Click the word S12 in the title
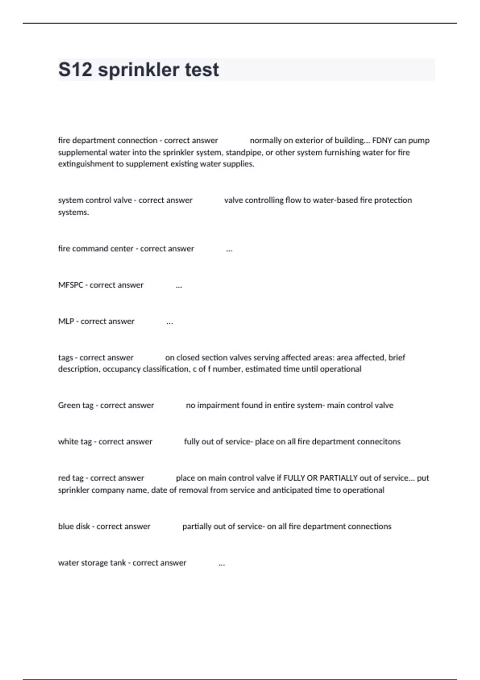point(75,70)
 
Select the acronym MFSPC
point(70,285)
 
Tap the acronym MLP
point(66,322)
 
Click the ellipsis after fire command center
point(229,250)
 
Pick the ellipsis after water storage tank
point(222,564)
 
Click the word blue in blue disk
point(66,526)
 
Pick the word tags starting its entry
point(65,358)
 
